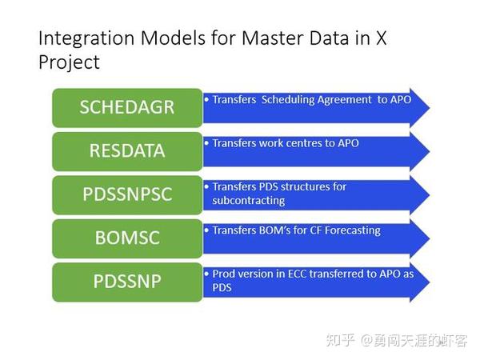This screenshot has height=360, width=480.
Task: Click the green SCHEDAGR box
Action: pyautogui.click(x=127, y=107)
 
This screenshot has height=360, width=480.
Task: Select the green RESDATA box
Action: pyautogui.click(x=127, y=150)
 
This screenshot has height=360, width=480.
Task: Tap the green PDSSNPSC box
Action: pyautogui.click(x=127, y=194)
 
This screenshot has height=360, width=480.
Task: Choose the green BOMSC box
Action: pyautogui.click(x=127, y=238)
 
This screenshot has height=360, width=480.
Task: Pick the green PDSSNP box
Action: pyautogui.click(x=127, y=282)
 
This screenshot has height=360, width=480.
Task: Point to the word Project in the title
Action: pyautogui.click(x=69, y=62)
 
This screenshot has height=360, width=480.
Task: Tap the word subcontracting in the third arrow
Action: pyautogui.click(x=248, y=200)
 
